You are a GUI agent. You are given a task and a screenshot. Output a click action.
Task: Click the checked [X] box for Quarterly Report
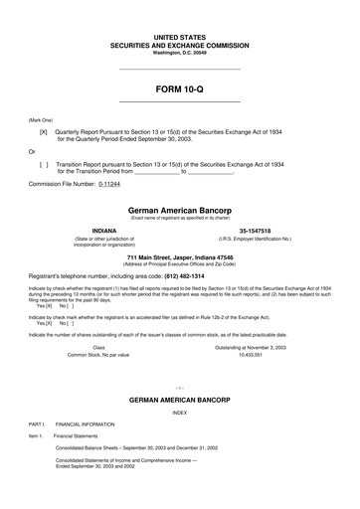coord(43,130)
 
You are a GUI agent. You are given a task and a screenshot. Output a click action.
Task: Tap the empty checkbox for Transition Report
coord(43,162)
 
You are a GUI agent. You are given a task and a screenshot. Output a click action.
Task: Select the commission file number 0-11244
coord(114,184)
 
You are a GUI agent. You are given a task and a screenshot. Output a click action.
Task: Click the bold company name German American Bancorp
coord(179,211)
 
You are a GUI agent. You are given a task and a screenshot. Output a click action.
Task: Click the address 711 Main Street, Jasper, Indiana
coord(179,256)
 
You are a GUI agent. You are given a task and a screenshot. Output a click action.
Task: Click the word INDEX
coord(179,411)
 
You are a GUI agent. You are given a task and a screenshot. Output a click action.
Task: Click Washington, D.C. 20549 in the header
coord(179,52)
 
